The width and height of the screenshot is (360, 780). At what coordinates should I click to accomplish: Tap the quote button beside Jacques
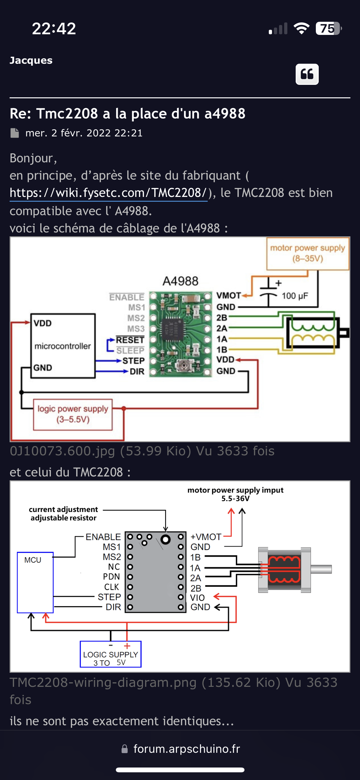tap(307, 74)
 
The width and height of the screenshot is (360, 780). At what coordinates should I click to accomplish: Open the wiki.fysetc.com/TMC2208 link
tap(108, 193)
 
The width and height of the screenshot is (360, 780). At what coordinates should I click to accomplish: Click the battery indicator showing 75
tap(328, 28)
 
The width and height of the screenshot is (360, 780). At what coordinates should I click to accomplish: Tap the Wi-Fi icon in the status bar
tap(301, 28)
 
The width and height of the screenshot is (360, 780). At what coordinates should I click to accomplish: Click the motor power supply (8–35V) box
tap(308, 253)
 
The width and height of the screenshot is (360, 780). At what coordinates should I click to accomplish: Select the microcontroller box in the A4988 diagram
tap(63, 346)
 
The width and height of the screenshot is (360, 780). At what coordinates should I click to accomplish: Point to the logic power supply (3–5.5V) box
tap(73, 414)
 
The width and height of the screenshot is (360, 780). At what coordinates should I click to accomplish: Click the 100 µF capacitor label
tap(295, 296)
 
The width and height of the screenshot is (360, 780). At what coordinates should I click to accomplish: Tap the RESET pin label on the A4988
tap(130, 340)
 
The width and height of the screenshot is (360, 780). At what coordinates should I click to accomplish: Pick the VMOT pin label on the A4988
tap(228, 296)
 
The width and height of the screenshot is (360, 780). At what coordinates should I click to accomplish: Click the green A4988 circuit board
tap(180, 334)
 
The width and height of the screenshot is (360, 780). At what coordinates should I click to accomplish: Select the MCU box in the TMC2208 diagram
tap(35, 582)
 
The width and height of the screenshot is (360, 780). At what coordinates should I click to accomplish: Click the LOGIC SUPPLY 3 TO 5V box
tap(110, 654)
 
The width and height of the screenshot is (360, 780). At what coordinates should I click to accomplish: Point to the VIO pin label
tap(197, 598)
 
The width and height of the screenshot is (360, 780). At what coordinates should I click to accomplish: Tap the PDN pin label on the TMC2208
tap(111, 577)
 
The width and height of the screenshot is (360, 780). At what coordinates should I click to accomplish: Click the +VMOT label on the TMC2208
tap(206, 537)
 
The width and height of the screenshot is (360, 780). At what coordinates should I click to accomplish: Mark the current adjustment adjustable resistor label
tap(63, 514)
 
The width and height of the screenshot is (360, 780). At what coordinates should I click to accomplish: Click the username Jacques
tap(31, 60)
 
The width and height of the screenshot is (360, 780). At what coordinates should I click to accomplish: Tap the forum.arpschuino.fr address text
tap(187, 749)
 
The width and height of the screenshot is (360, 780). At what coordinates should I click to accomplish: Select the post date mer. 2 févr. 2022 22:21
tap(84, 133)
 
